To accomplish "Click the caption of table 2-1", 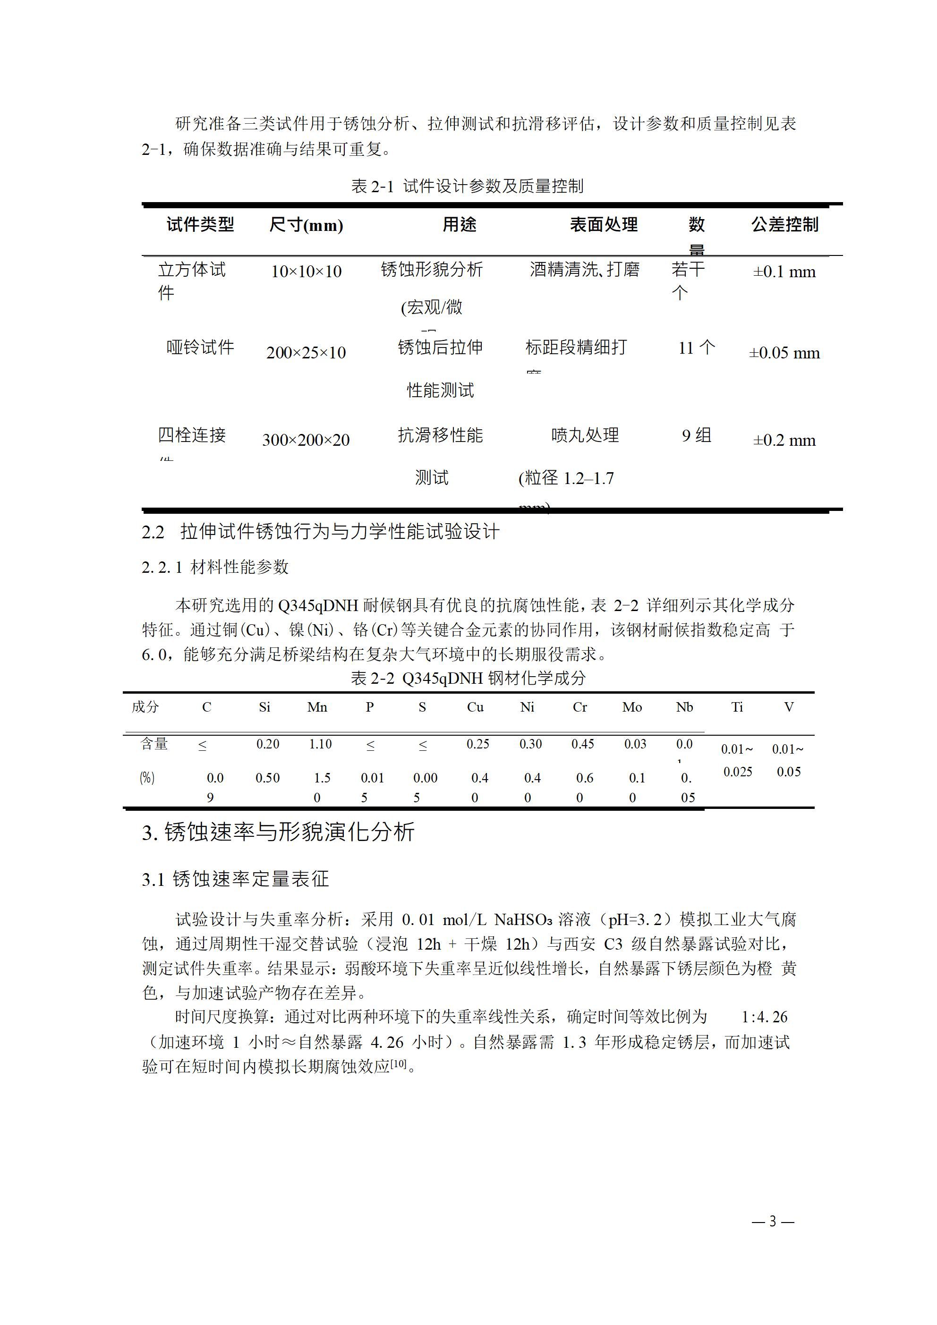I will click(x=468, y=187).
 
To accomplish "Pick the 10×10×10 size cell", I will click(x=306, y=271).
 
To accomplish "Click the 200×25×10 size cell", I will click(x=306, y=353).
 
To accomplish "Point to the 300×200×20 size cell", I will click(x=306, y=440).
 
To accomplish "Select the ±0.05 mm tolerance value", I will click(x=784, y=353).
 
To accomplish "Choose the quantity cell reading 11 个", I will click(x=696, y=348).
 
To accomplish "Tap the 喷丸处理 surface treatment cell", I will click(x=585, y=435).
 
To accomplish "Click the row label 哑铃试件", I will click(x=200, y=348).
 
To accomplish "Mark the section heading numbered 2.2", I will click(x=320, y=532).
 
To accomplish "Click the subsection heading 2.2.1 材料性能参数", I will click(x=215, y=567).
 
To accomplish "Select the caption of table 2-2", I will click(x=468, y=678).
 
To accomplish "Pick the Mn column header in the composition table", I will click(x=317, y=707).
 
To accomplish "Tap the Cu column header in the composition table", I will click(x=475, y=707).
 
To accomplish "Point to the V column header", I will click(x=789, y=707).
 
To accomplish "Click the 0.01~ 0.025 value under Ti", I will click(x=737, y=761).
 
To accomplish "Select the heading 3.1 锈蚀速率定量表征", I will click(x=236, y=879).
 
